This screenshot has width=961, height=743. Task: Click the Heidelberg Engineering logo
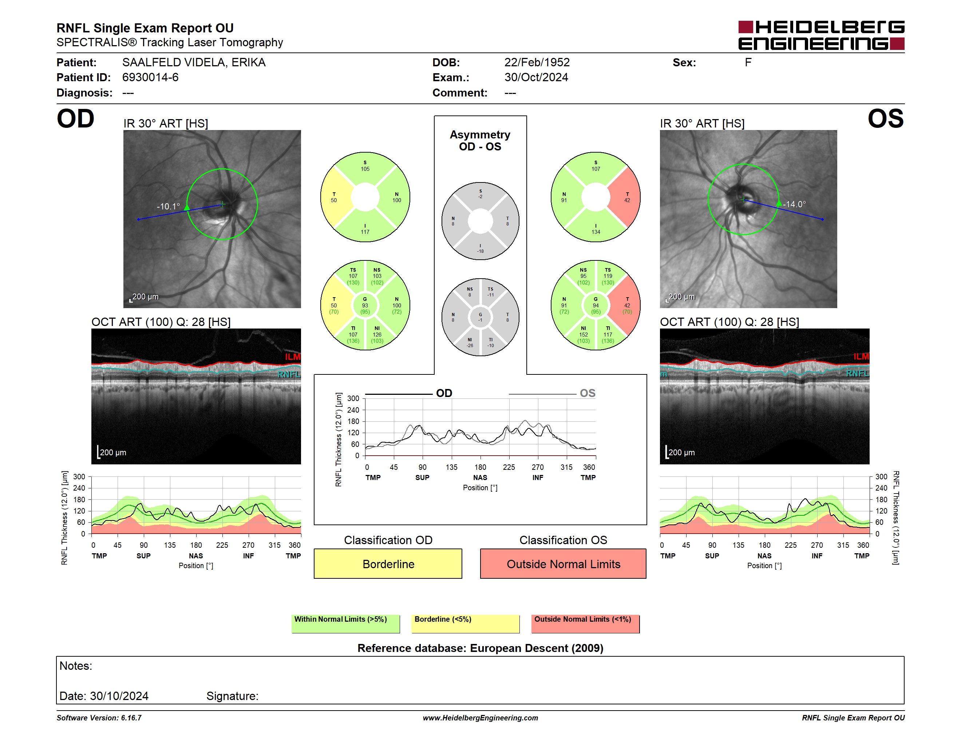click(x=821, y=35)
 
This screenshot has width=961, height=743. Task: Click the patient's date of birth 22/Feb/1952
click(x=537, y=63)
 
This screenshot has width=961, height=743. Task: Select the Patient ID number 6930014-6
click(x=150, y=78)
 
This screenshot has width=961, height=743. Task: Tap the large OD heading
click(x=76, y=118)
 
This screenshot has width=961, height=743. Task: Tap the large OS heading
click(x=885, y=118)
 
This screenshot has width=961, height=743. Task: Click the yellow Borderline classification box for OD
click(x=388, y=564)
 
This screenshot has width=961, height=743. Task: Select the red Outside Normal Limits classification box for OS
click(x=563, y=564)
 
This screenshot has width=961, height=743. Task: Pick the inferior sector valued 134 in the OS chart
click(x=596, y=228)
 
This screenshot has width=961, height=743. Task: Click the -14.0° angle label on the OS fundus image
click(x=795, y=204)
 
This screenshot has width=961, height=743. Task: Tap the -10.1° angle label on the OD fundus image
click(x=168, y=207)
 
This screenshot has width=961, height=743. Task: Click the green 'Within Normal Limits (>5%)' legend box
click(x=345, y=624)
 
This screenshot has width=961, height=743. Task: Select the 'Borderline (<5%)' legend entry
click(x=465, y=624)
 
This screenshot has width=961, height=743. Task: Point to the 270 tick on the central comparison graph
click(x=538, y=467)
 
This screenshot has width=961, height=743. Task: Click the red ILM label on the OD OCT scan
click(x=293, y=357)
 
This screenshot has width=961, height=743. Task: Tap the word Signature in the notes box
click(x=232, y=696)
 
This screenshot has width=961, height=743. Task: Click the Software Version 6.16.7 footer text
click(x=99, y=718)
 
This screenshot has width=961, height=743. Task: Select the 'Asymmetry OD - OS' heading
click(x=480, y=141)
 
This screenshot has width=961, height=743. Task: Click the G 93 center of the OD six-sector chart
click(x=365, y=305)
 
